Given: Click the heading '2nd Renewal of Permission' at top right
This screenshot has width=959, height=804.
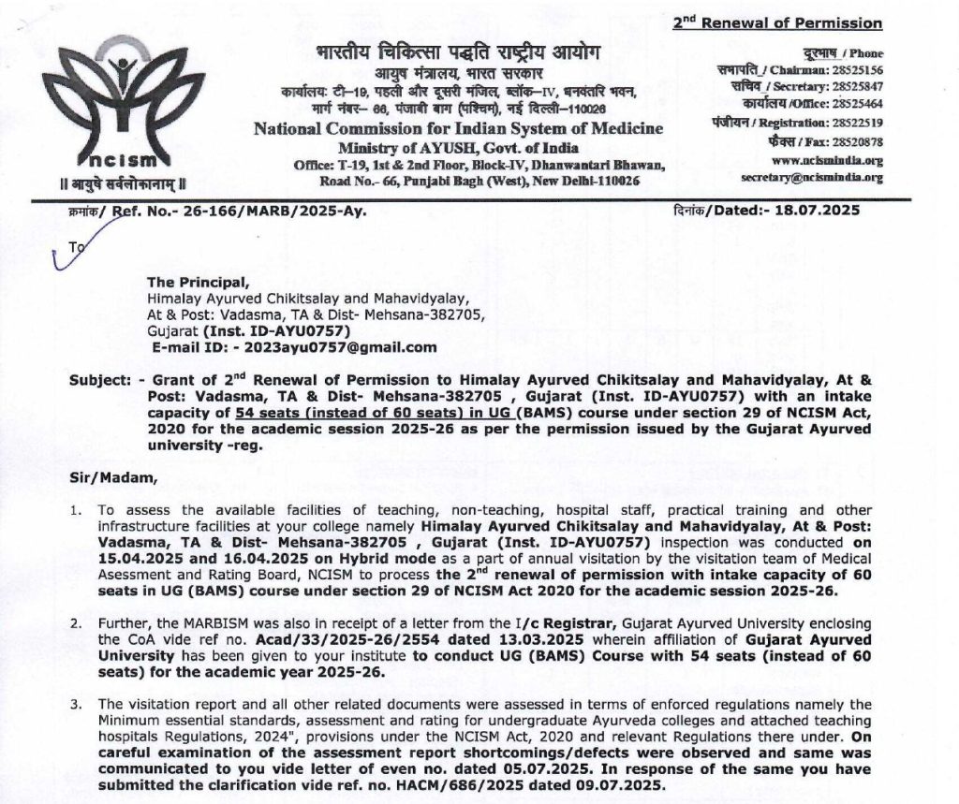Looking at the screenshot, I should pyautogui.click(x=777, y=23).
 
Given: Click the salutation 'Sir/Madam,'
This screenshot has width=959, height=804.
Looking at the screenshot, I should pyautogui.click(x=108, y=479).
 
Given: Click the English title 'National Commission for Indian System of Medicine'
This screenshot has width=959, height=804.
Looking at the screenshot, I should pyautogui.click(x=458, y=128).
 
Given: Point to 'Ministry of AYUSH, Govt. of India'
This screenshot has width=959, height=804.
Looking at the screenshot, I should pyautogui.click(x=458, y=148).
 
